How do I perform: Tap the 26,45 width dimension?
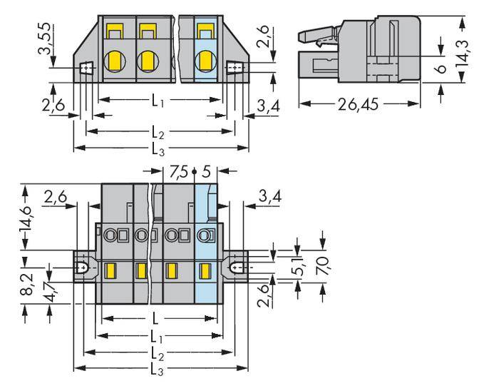point(359,103)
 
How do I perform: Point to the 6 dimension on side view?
point(442,69)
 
